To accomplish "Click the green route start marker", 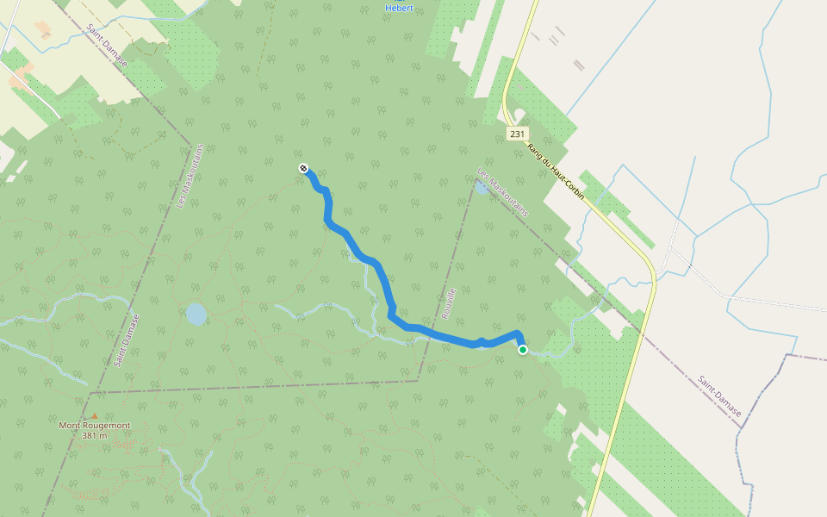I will pos(522,350).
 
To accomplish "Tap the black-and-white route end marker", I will pos(303,168).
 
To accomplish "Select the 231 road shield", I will pos(517,134).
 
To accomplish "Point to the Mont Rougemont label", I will pos(94,425).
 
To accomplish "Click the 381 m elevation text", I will pos(94,436).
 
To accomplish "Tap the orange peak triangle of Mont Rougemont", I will pos(94,416).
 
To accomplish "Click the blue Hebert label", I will pos(399,8).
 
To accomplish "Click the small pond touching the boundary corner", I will pos(480,187).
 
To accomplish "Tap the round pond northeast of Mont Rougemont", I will pos(196,314).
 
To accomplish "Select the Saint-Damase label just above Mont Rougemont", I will pos(126,340).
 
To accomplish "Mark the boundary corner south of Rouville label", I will pos(419,379).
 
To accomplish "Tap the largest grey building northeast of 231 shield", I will pos(579,65).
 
